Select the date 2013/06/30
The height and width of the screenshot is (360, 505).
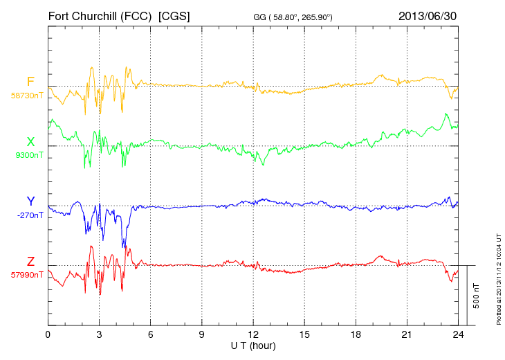point(428,15)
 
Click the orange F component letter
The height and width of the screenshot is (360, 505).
point(30,82)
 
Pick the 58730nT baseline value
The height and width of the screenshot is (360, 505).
point(26,95)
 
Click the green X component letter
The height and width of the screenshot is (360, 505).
point(30,142)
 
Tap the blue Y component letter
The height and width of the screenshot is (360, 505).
point(30,201)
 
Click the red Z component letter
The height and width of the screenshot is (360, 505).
point(30,262)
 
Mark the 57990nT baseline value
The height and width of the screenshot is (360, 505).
point(26,275)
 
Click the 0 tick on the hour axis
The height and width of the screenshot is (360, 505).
point(48,335)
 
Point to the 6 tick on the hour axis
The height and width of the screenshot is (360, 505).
point(150,335)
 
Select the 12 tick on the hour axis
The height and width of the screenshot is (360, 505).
point(253,335)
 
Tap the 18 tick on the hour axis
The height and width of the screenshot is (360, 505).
point(356,335)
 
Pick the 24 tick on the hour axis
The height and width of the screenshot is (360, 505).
point(458,335)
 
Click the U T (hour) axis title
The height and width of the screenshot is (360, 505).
point(253,345)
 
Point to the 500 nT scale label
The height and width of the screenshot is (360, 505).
point(477,295)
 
